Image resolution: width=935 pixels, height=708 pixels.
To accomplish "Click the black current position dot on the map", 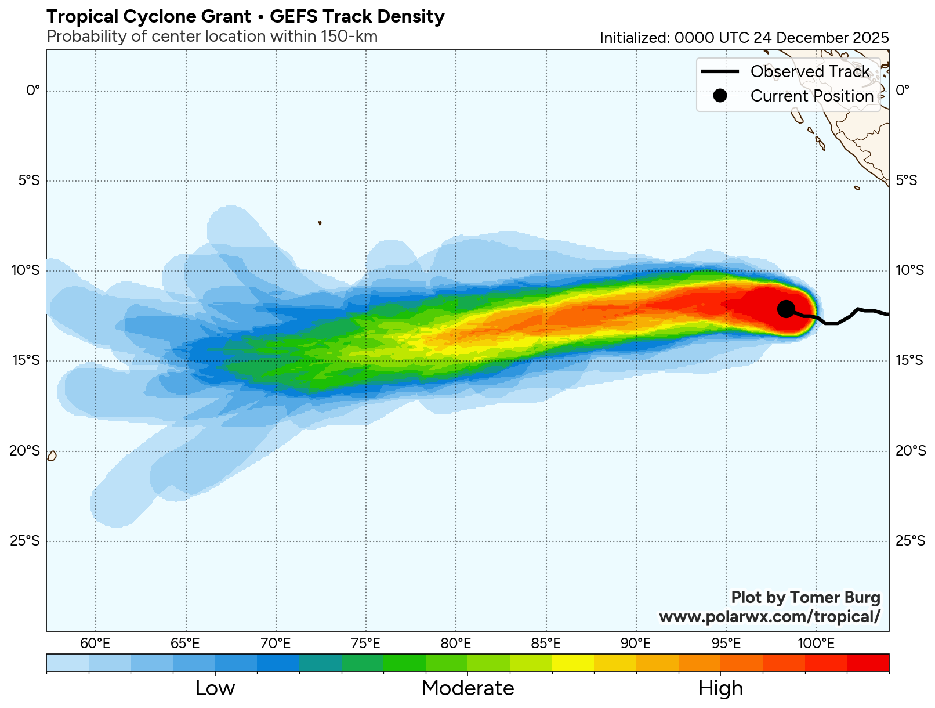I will click(x=786, y=309).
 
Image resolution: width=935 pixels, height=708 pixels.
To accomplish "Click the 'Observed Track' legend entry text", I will click(x=810, y=71).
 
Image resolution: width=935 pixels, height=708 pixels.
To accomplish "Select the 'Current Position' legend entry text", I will click(x=811, y=96).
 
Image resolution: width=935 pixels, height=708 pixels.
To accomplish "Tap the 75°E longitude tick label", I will click(x=365, y=644).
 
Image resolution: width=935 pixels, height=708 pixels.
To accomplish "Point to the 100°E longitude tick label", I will click(x=816, y=644).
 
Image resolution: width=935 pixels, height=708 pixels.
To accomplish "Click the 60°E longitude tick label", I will click(x=95, y=644).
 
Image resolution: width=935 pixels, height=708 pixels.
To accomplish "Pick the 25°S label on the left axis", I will click(x=25, y=541).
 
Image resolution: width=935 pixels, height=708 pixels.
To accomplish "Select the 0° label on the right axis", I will click(x=903, y=91).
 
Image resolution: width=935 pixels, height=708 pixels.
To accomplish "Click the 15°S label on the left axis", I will click(x=25, y=361).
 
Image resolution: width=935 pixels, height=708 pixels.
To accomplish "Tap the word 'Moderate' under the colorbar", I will click(x=467, y=688).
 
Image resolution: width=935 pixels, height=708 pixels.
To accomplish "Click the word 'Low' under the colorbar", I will click(x=215, y=688).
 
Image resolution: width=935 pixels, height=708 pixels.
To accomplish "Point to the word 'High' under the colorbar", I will click(x=720, y=688).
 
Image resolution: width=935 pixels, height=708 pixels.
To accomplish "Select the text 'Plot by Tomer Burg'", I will click(x=805, y=597).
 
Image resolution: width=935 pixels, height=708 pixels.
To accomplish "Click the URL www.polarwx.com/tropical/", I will click(x=769, y=616).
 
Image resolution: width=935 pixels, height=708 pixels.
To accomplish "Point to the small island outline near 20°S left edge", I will click(x=52, y=456).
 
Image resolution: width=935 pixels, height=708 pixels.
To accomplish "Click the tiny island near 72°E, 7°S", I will click(x=320, y=222).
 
